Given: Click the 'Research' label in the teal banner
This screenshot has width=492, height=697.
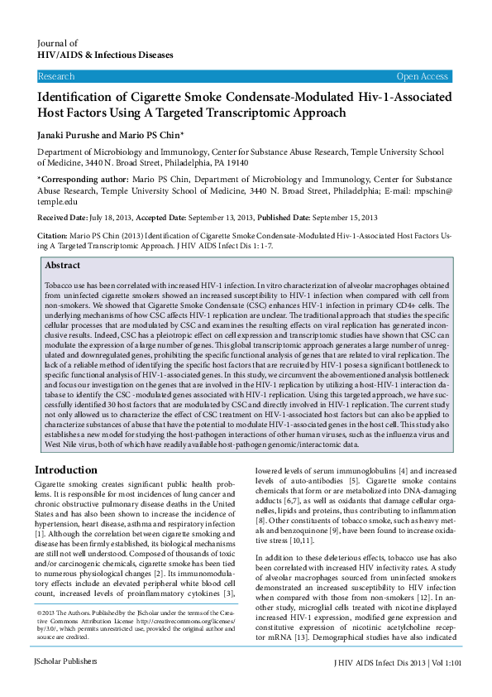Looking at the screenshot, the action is pos(56,76).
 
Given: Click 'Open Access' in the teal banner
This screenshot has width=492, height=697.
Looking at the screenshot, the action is pos(422,76).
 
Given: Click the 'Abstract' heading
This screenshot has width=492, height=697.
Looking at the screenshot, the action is pos(62,266).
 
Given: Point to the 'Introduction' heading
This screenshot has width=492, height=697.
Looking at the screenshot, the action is pos(66,470).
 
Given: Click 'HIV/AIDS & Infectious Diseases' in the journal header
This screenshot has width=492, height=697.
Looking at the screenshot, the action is pos(105,55).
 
